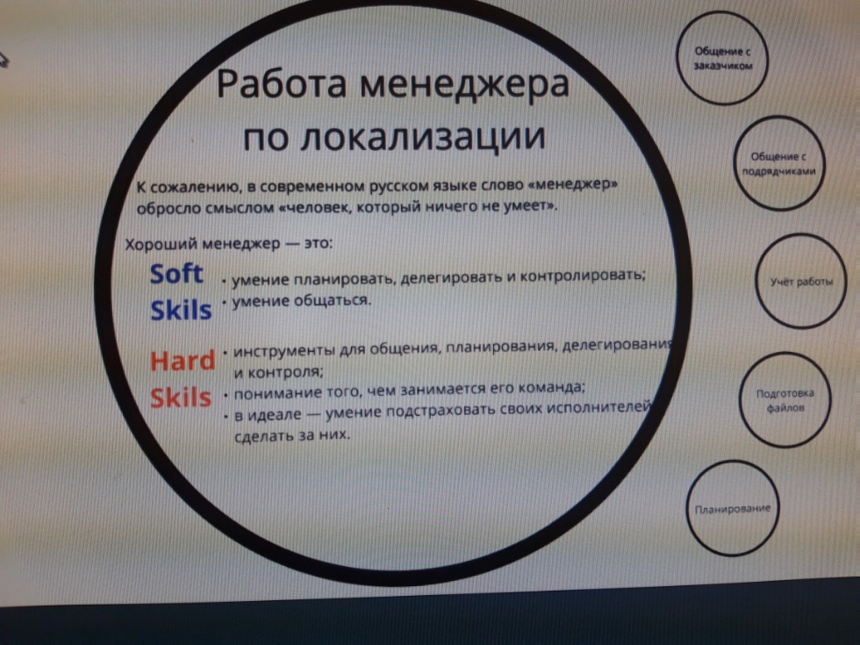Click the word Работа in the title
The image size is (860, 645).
coord(282,85)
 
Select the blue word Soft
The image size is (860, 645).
coord(176,273)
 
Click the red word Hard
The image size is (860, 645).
coord(183,361)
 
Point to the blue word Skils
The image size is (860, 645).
coord(181,310)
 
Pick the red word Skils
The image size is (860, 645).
coord(181,397)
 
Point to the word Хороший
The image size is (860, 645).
coord(161,244)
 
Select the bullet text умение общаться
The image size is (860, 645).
coord(302,300)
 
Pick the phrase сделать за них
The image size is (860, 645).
coord(292,435)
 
